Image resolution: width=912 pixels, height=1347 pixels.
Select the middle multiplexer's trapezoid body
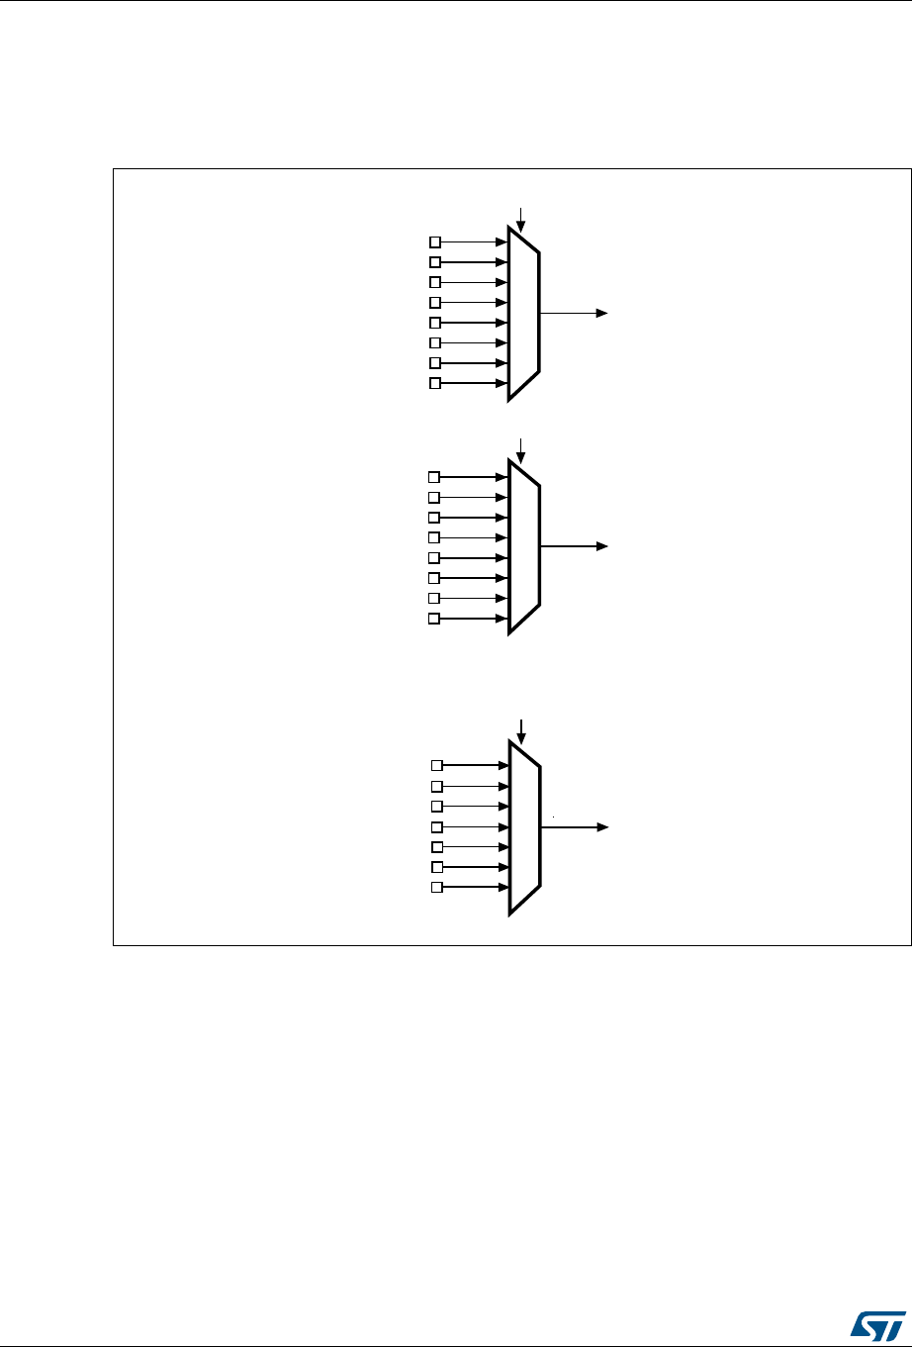[x=524, y=546]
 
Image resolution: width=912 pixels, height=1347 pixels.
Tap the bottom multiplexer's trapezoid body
[x=524, y=827]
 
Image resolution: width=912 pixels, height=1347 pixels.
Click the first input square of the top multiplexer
[x=434, y=241]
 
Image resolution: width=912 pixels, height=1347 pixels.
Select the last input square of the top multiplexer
[x=434, y=383]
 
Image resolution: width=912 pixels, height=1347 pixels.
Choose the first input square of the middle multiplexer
[x=434, y=477]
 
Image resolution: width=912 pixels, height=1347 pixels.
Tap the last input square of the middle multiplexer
[x=434, y=619]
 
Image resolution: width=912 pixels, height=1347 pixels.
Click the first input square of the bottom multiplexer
[x=436, y=765]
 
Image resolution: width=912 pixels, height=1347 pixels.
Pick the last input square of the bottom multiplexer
[x=436, y=887]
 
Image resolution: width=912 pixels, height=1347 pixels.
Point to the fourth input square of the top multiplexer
[x=434, y=302]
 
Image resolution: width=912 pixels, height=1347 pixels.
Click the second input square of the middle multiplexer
[x=434, y=497]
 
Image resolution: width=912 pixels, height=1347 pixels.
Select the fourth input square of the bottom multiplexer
[x=436, y=826]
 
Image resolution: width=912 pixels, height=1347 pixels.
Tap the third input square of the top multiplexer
[x=434, y=282]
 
